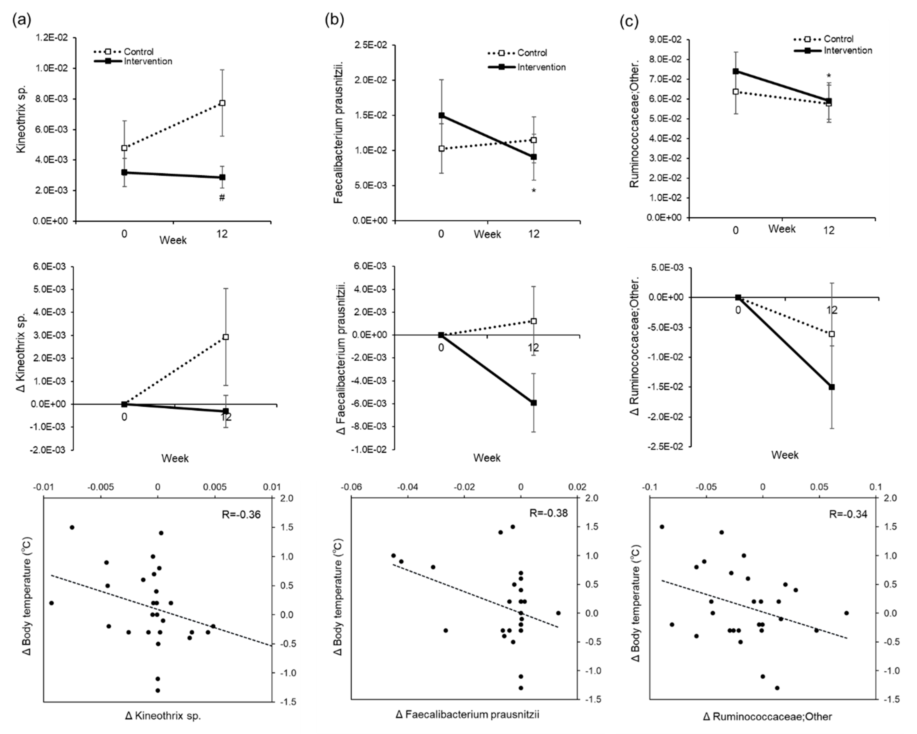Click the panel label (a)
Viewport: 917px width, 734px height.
22,20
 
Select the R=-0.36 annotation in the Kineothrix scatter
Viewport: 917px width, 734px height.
241,514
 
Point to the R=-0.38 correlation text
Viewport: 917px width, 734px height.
548,513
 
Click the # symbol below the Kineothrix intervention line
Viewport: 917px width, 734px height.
221,198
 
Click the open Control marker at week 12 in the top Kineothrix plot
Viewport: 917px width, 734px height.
222,103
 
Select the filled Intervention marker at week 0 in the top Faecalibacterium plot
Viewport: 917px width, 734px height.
441,115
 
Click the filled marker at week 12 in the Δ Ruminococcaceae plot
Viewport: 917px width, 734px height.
832,387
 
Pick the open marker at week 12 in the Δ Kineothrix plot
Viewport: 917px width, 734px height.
225,337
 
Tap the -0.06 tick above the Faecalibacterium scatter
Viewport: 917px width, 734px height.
351,487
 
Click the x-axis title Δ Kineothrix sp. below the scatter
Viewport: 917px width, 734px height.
163,716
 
